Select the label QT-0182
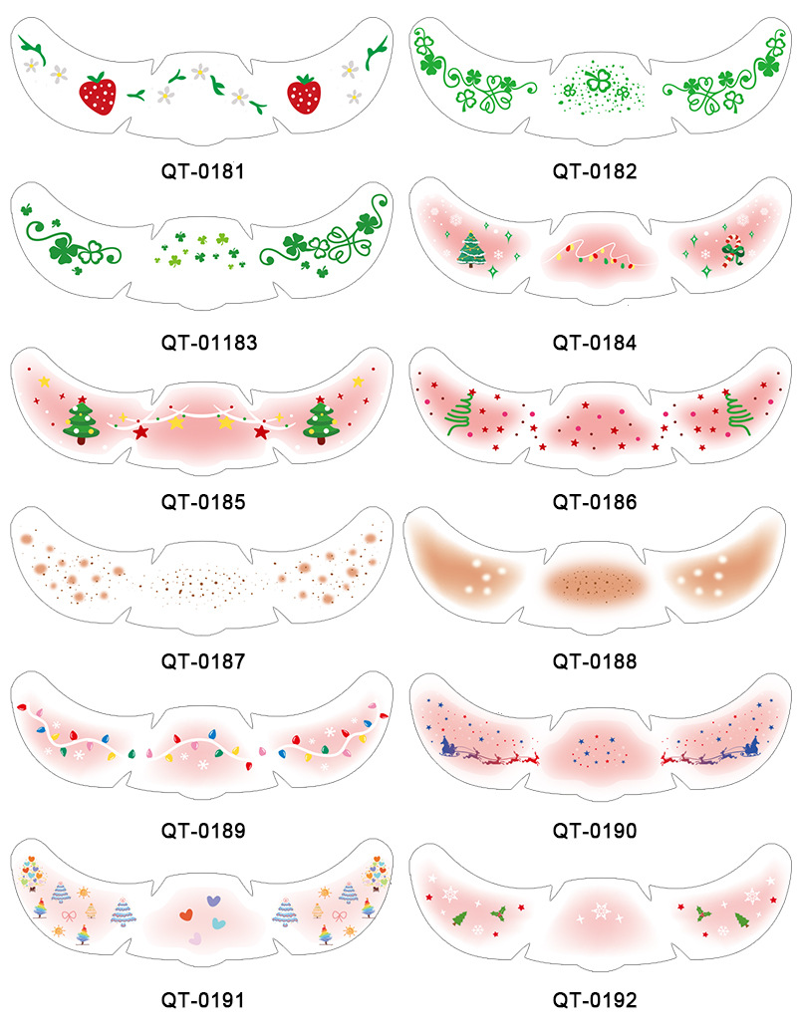pyautogui.click(x=595, y=170)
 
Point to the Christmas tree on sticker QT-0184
pyautogui.click(x=471, y=248)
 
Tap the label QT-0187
pyautogui.click(x=203, y=660)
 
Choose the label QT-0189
pyautogui.click(x=203, y=830)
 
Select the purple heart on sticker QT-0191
pyautogui.click(x=213, y=901)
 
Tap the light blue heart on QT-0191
pyautogui.click(x=218, y=923)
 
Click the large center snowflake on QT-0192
pyautogui.click(x=600, y=910)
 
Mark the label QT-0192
pyautogui.click(x=595, y=999)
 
